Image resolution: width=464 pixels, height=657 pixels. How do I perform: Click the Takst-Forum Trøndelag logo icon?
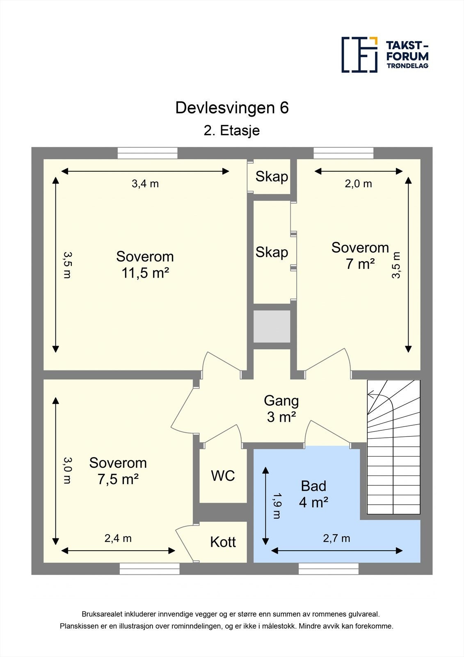pyautogui.click(x=359, y=55)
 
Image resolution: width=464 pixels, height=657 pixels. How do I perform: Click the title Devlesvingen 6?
pyautogui.click(x=232, y=108)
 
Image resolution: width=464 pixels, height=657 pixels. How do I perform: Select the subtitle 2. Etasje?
pyautogui.click(x=231, y=131)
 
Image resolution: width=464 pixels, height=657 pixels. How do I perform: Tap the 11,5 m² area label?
pyautogui.click(x=145, y=273)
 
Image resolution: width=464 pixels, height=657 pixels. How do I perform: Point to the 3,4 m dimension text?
pyautogui.click(x=145, y=184)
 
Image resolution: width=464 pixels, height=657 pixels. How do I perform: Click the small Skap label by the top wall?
pyautogui.click(x=272, y=177)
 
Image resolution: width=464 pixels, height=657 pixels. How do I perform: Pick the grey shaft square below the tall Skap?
pyautogui.click(x=272, y=326)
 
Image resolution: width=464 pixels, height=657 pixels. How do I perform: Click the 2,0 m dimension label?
pyautogui.click(x=358, y=184)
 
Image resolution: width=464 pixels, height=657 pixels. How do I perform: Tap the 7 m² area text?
pyautogui.click(x=360, y=264)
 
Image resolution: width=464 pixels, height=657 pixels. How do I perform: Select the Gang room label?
pyautogui.click(x=281, y=401)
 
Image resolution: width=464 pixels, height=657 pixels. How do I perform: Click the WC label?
pyautogui.click(x=223, y=476)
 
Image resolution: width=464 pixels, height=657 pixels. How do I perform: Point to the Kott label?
pyautogui.click(x=223, y=542)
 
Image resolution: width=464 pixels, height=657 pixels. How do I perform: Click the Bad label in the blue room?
pyautogui.click(x=313, y=486)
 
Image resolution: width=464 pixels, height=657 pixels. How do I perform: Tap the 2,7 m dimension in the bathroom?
pyautogui.click(x=336, y=538)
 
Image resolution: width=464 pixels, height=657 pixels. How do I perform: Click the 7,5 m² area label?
pyautogui.click(x=118, y=480)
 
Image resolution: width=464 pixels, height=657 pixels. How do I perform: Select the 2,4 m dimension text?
pyautogui.click(x=118, y=538)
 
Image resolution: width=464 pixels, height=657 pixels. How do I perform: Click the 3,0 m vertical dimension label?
pyautogui.click(x=67, y=471)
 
